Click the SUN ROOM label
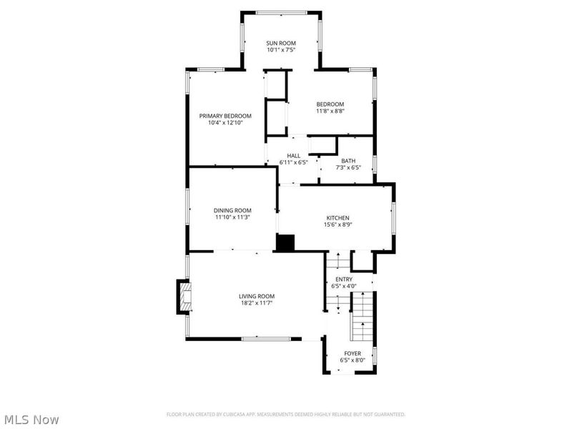280,44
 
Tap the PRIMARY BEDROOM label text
225,116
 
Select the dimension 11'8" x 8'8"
330,111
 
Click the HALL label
293,156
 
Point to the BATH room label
348,161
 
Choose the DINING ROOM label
232,210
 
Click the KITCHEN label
337,217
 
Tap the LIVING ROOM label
257,296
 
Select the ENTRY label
344,279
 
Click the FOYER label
352,353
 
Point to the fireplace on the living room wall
184,297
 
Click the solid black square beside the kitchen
285,242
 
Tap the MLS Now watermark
31,420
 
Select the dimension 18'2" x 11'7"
257,303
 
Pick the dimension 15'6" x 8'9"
337,225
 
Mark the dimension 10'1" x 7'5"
280,51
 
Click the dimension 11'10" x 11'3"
232,217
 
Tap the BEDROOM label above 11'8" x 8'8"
330,104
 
